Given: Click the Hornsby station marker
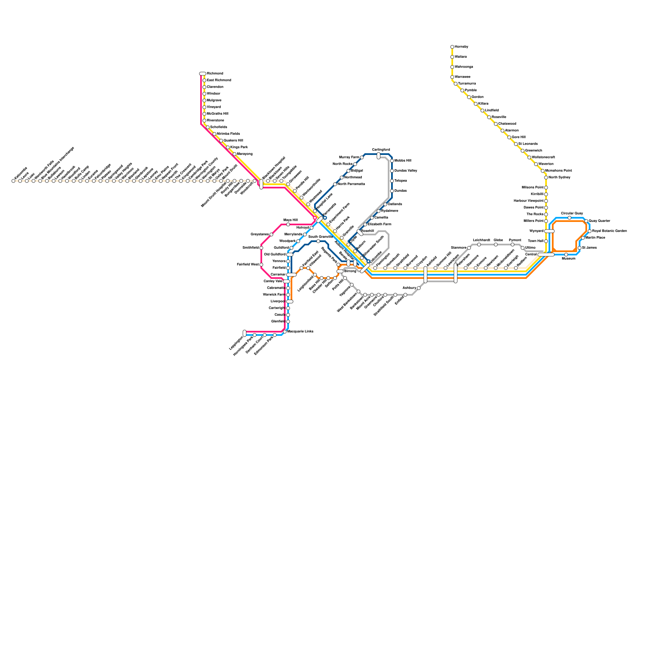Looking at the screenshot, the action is pyautogui.click(x=452, y=47).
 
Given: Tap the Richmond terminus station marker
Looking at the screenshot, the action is pyautogui.click(x=203, y=74).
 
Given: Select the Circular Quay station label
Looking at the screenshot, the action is pyautogui.click(x=572, y=213).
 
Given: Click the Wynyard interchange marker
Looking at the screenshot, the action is pyautogui.click(x=549, y=231).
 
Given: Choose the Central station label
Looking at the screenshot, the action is pyautogui.click(x=531, y=254).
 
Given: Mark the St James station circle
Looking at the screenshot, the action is pyautogui.click(x=580, y=248).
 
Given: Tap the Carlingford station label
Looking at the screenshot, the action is pyautogui.click(x=381, y=149).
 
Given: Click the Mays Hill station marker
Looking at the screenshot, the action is pyautogui.click(x=288, y=224).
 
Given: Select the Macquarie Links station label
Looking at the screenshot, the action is pyautogui.click(x=300, y=331).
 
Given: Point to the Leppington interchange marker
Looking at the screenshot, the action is pyautogui.click(x=245, y=333).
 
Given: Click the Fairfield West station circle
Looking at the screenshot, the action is pyautogui.click(x=261, y=265).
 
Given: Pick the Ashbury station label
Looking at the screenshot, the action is pyautogui.click(x=409, y=288).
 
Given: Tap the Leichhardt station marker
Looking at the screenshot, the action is pyautogui.click(x=479, y=245).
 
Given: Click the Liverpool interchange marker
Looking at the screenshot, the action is pyautogui.click(x=290, y=301).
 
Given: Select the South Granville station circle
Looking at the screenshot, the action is pyautogui.click(x=318, y=241).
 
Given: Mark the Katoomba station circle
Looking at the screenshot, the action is pyautogui.click(x=13, y=181).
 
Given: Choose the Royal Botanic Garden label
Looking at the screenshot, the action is pyautogui.click(x=609, y=231).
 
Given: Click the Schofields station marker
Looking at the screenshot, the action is pyautogui.click(x=208, y=127).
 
